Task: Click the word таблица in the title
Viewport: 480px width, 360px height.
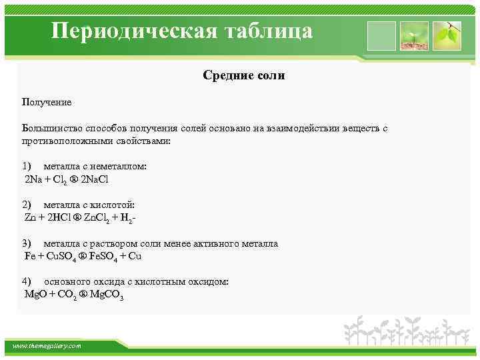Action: tap(273, 32)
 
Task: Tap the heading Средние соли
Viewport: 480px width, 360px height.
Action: tap(244, 76)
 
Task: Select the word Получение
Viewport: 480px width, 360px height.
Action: tap(47, 102)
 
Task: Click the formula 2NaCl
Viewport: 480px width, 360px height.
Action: tap(94, 180)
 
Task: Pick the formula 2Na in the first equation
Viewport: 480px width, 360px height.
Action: tap(33, 180)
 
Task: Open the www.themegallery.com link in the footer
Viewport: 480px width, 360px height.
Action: tap(47, 346)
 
